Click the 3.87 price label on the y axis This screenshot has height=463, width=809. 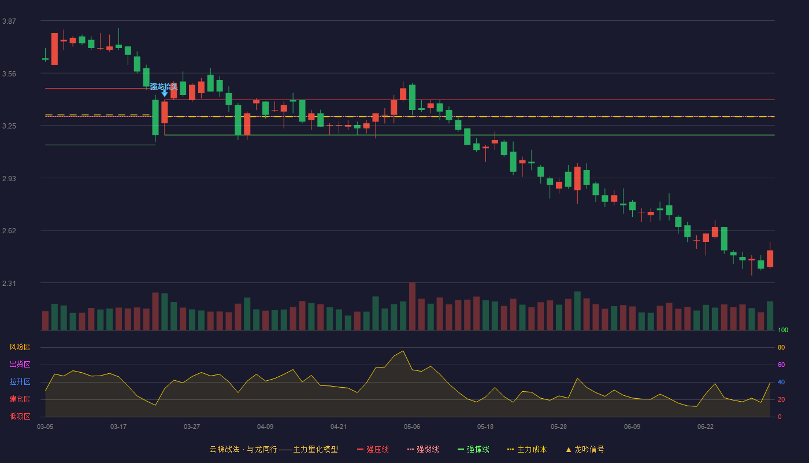pyautogui.click(x=9, y=21)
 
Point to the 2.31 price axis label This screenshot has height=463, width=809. pyautogui.click(x=9, y=283)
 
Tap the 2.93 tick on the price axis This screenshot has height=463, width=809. pyautogui.click(x=9, y=179)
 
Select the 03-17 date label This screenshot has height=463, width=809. pyautogui.click(x=118, y=427)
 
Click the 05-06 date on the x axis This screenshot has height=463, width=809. pyautogui.click(x=412, y=427)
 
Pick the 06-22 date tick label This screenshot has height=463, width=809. pyautogui.click(x=706, y=427)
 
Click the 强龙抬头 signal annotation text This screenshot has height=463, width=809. pyautogui.click(x=164, y=86)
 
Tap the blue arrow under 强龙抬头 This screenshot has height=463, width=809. pyautogui.click(x=164, y=94)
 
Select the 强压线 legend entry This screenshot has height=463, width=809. pyautogui.click(x=373, y=449)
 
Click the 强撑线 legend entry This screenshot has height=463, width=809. pyautogui.click(x=473, y=449)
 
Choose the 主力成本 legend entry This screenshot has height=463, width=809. pyautogui.click(x=527, y=449)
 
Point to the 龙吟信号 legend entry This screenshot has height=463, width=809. pyautogui.click(x=585, y=449)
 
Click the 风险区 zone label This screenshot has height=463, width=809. pyautogui.click(x=20, y=347)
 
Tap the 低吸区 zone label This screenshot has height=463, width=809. pyautogui.click(x=20, y=417)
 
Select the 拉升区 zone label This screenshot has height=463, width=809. pyautogui.click(x=20, y=382)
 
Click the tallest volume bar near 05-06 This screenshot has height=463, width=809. pyautogui.click(x=412, y=306)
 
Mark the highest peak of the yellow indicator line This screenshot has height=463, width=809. pyautogui.click(x=403, y=351)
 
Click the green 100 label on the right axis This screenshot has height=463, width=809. pyautogui.click(x=783, y=330)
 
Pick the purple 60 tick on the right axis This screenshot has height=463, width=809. pyautogui.click(x=781, y=365)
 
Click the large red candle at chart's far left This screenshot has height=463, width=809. pyautogui.click(x=54, y=49)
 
